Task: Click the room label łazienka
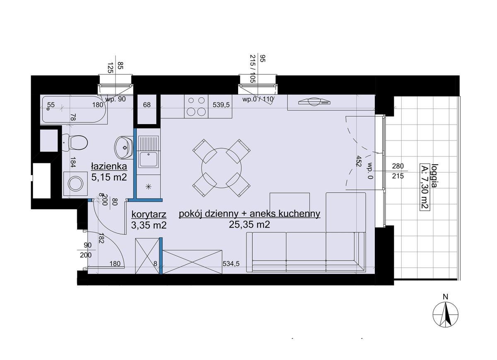(109, 166)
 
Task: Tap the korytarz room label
(149, 214)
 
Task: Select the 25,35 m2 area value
(249, 225)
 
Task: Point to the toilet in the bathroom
(75, 143)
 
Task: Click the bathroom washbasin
(124, 147)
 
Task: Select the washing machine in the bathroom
(75, 184)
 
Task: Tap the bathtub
(74, 109)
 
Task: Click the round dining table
(221, 168)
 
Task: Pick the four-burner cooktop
(196, 106)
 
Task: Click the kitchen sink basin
(148, 159)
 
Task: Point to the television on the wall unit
(315, 102)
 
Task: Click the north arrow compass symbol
(445, 314)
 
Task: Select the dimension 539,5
(221, 105)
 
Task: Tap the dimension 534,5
(231, 264)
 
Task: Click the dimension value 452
(358, 161)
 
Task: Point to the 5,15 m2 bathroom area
(109, 177)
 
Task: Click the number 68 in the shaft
(147, 105)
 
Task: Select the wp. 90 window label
(116, 99)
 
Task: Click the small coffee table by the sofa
(290, 203)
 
